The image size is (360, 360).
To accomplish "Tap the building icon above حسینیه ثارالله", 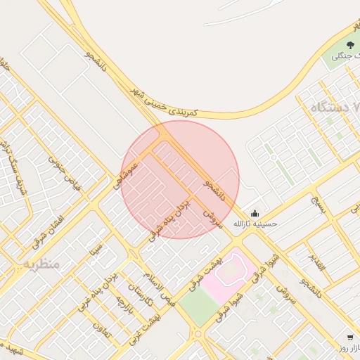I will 255,213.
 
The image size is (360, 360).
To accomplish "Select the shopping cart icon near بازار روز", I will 349,337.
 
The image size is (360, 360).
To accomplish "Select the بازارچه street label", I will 124,309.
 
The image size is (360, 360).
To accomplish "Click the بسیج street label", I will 320,205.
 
